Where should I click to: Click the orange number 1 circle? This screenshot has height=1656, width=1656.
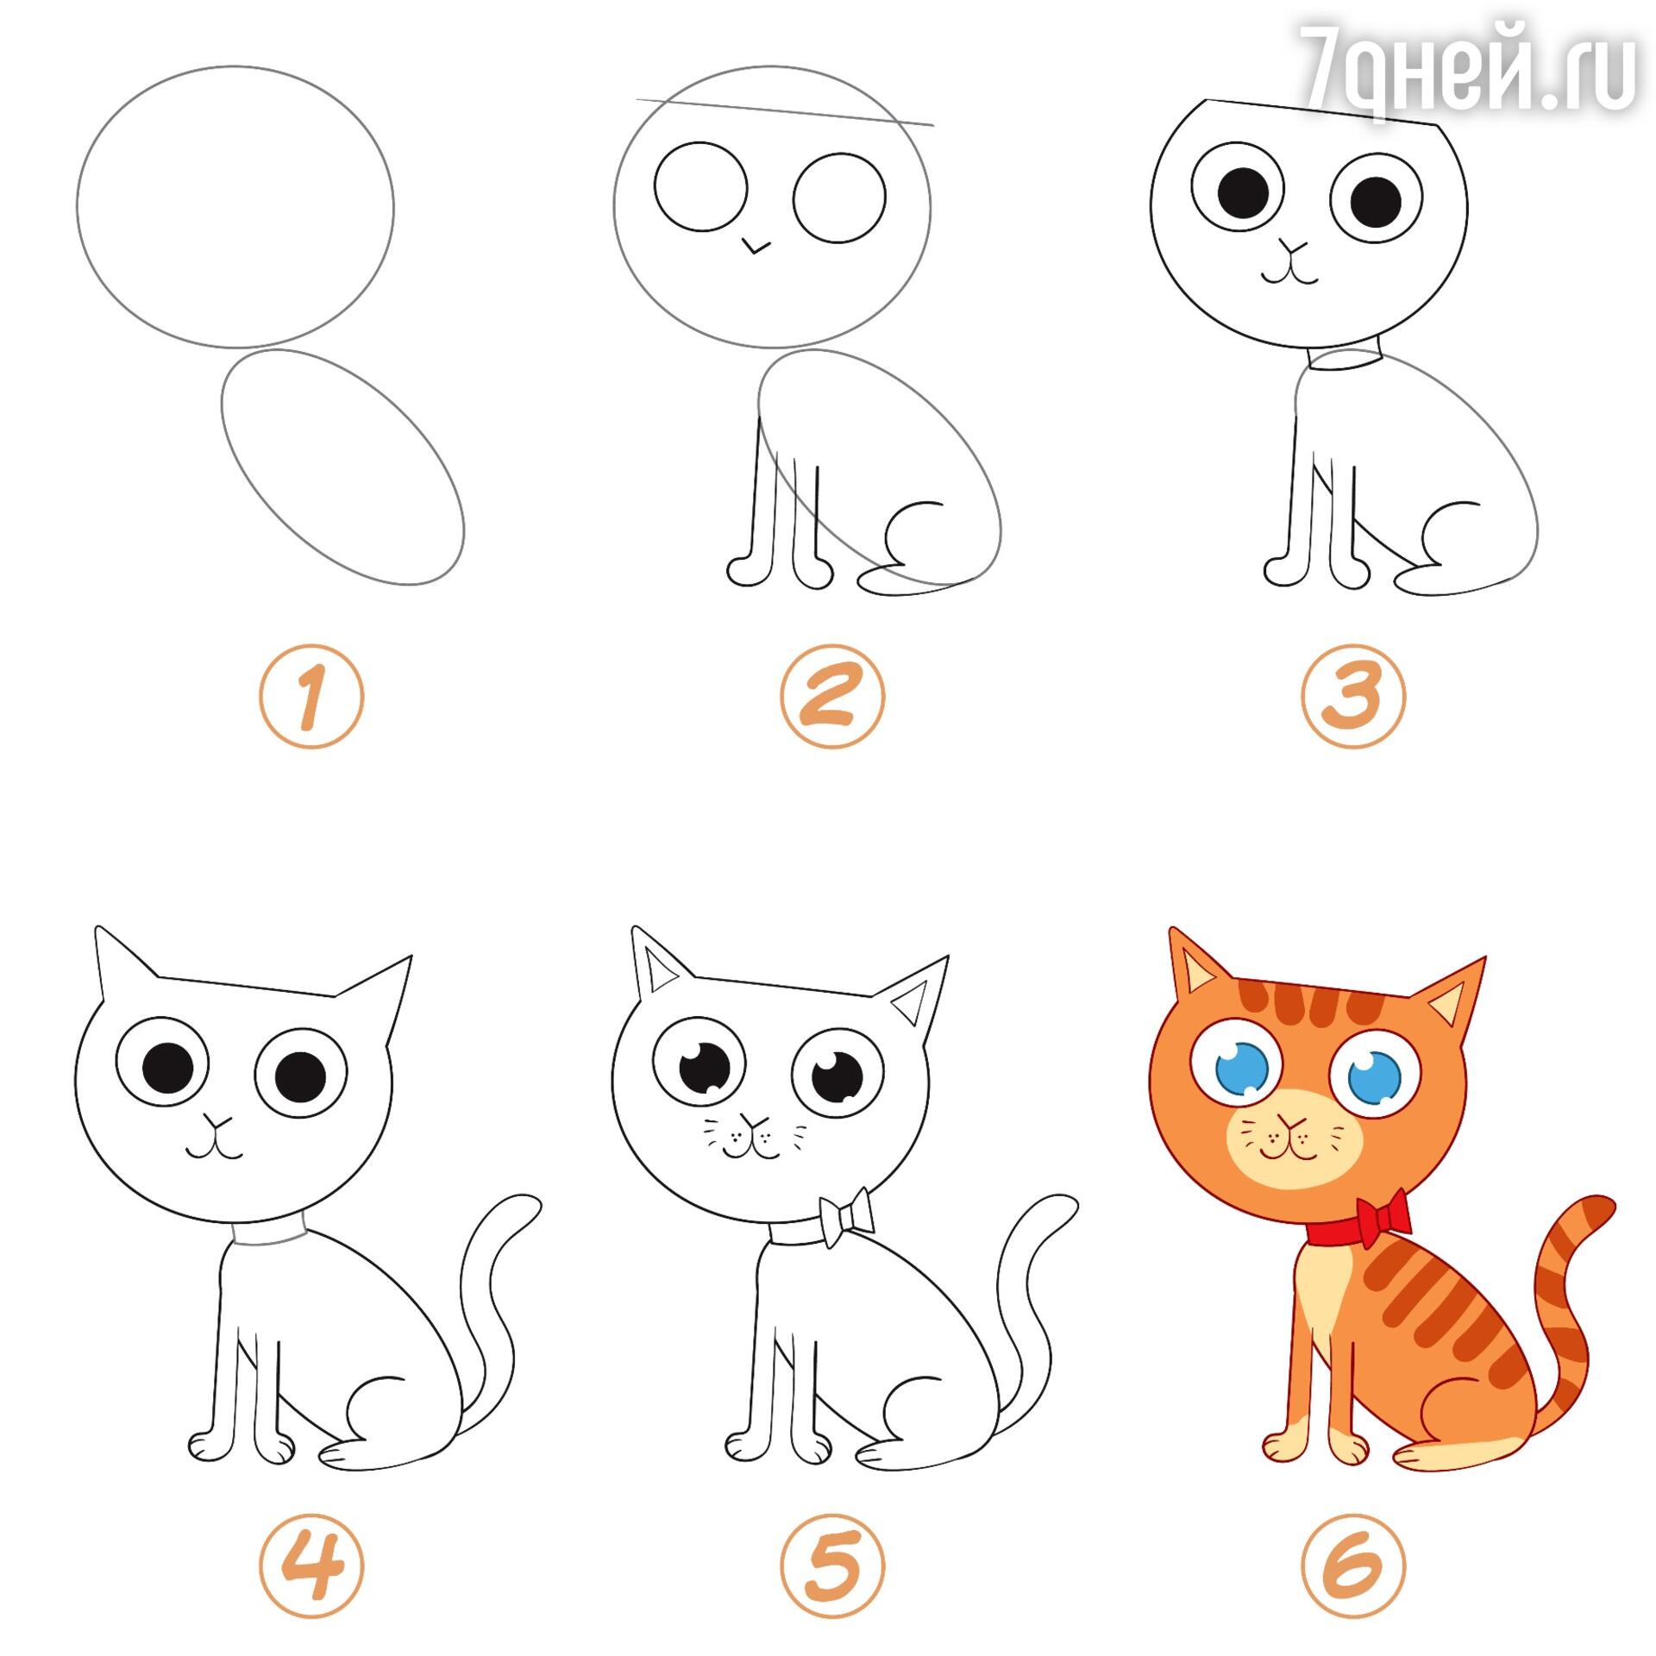point(311,696)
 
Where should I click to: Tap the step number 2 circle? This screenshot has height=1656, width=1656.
point(832,696)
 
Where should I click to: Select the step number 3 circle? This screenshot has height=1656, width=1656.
point(1353,696)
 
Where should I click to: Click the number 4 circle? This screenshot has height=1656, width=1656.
point(311,1565)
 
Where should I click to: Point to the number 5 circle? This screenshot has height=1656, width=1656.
point(832,1565)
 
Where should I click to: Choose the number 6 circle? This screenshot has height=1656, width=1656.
point(1353,1565)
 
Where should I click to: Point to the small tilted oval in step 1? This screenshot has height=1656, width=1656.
point(342,467)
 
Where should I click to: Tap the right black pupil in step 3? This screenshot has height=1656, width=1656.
point(1375,200)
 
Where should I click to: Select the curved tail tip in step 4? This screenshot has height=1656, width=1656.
point(522,1204)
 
